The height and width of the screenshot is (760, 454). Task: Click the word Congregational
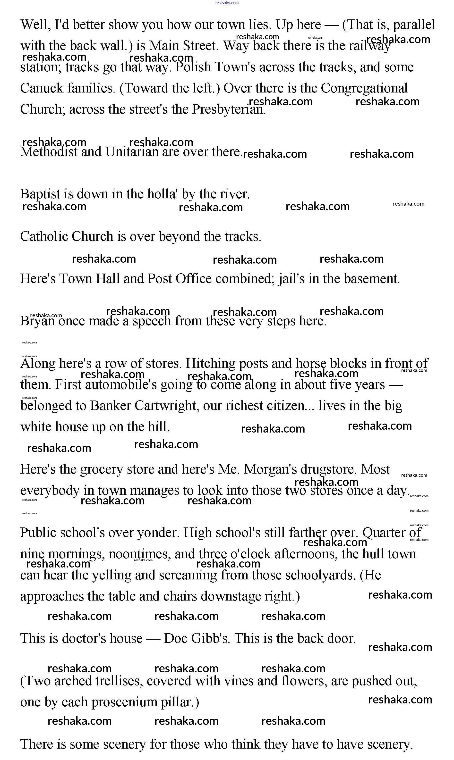[364, 88]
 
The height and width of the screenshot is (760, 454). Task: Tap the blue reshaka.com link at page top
[227, 3]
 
